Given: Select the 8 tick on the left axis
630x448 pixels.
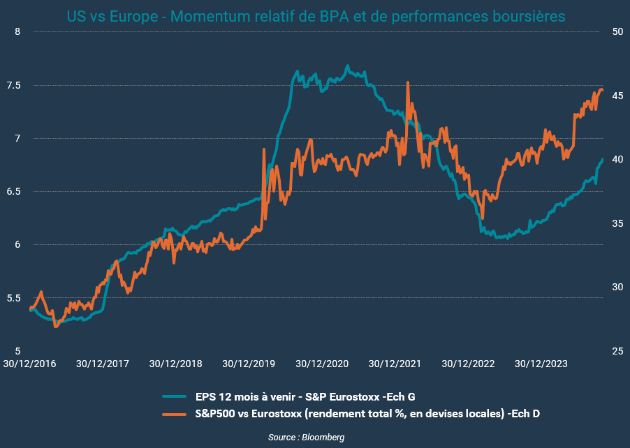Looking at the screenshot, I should click(x=18, y=32).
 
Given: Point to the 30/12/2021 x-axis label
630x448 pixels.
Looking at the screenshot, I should click(x=394, y=364).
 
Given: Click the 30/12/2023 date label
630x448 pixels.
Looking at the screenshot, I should click(x=540, y=364).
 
